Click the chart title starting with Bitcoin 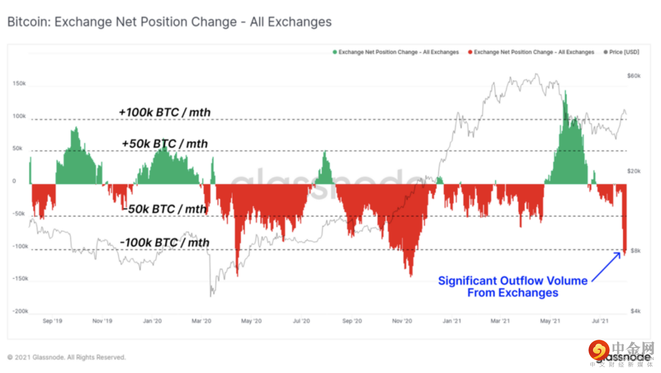coord(170,22)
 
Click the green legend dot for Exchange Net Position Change coord(335,52)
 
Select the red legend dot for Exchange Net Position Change coord(470,52)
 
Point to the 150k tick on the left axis coord(20,85)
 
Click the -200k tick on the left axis coord(20,311)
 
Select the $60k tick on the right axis coord(634,76)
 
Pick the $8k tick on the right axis coord(636,251)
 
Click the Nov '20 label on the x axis coord(402,321)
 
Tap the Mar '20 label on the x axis coord(201,321)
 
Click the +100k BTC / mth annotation coord(165,112)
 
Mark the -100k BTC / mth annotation coord(165,243)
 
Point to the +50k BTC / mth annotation coord(165,144)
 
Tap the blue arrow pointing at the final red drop coord(606,266)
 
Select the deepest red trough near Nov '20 coord(410,275)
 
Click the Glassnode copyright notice coord(67,357)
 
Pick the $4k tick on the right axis coord(636,311)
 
